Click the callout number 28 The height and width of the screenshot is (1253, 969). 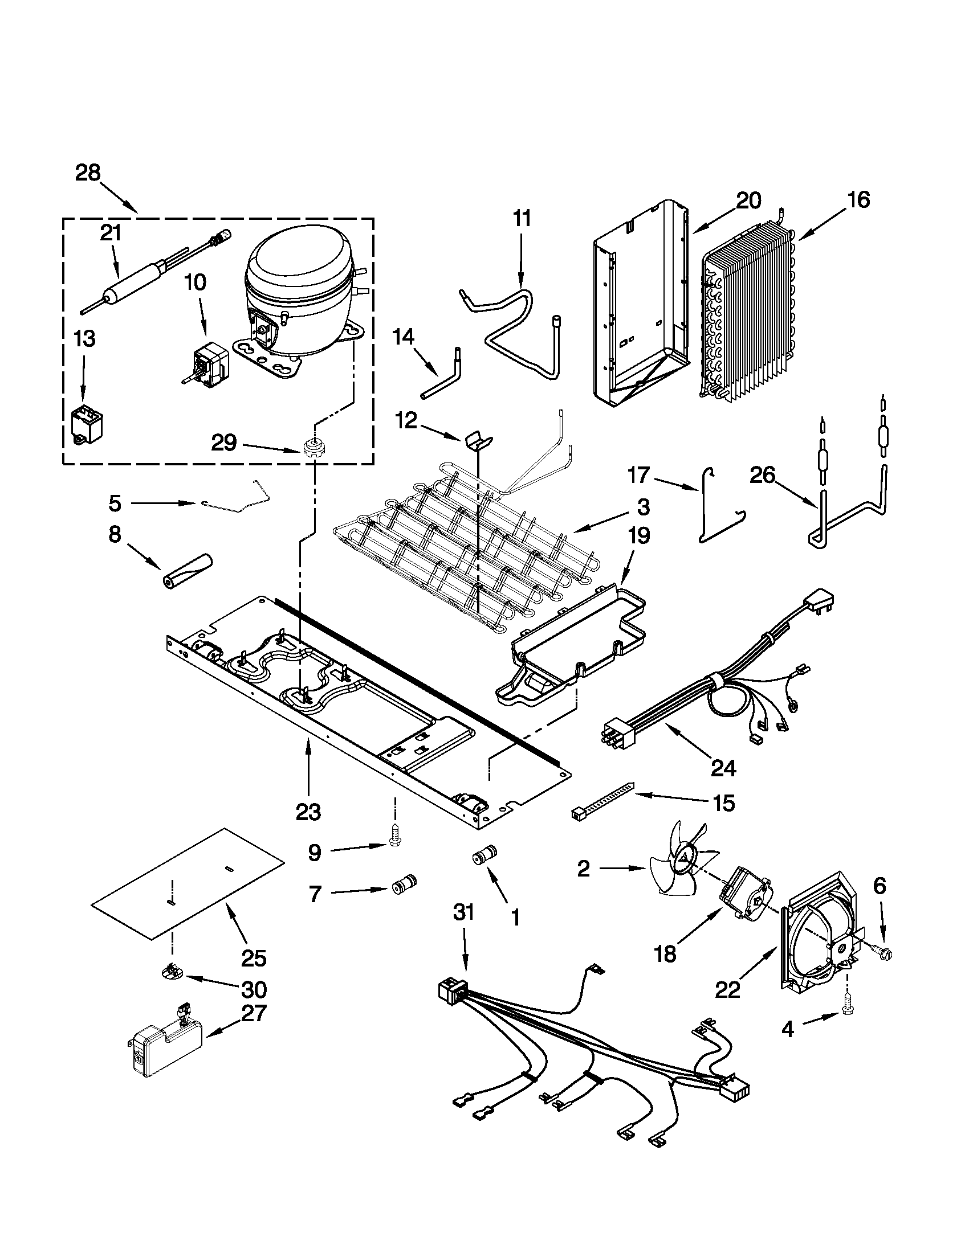click(x=88, y=173)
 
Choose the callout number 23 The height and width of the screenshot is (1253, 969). click(x=309, y=811)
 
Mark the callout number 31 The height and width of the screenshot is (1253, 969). click(x=464, y=912)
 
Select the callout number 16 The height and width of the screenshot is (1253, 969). click(x=858, y=199)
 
